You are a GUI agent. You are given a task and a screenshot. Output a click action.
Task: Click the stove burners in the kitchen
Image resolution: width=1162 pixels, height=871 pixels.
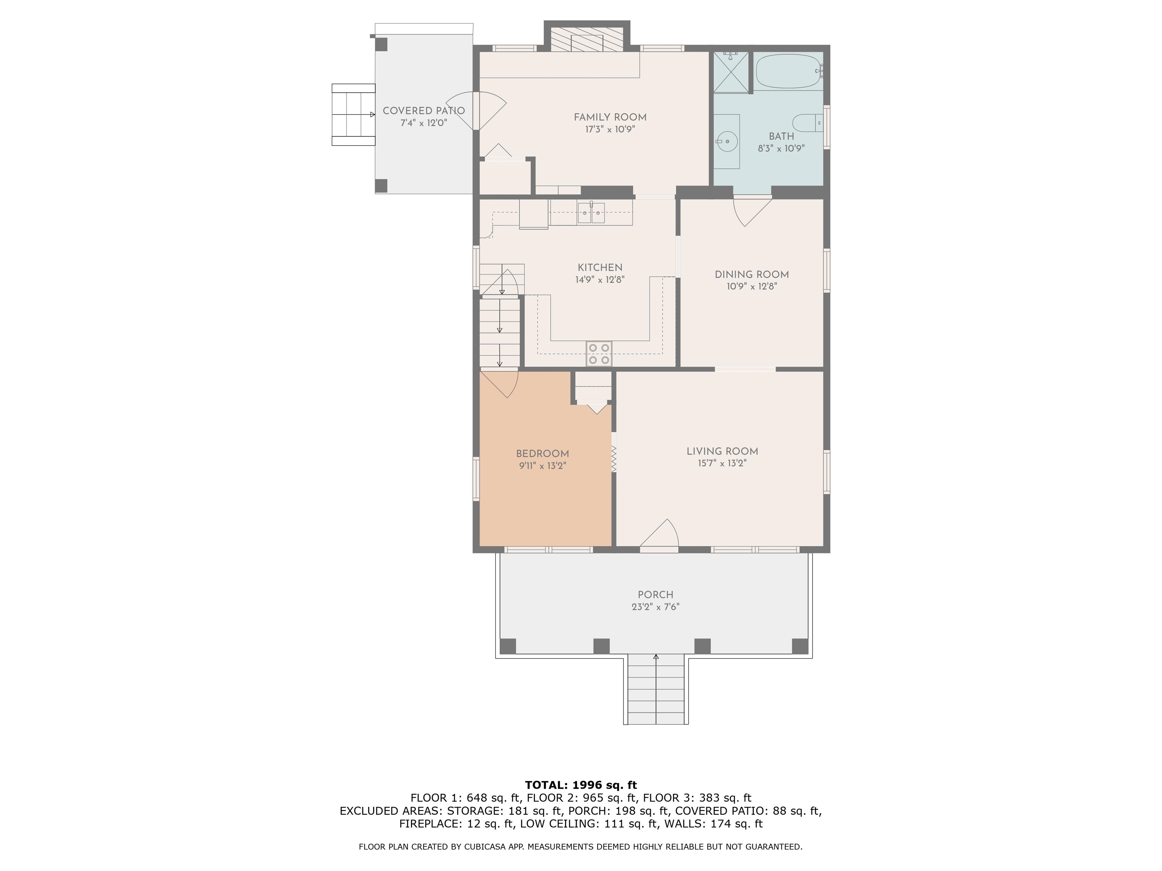point(599,353)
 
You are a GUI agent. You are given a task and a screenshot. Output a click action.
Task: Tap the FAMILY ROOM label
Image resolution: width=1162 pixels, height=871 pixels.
point(610,117)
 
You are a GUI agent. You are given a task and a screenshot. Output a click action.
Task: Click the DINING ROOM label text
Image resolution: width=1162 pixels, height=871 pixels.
point(752,274)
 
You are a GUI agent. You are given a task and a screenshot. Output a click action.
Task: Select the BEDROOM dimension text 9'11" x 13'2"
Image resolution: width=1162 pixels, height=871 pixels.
point(543,466)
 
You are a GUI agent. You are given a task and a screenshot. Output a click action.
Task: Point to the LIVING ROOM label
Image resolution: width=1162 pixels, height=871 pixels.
point(722,451)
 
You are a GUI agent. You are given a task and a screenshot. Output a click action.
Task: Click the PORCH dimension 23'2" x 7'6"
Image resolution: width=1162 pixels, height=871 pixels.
point(656,606)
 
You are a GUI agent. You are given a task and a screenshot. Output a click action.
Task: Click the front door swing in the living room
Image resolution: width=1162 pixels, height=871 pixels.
point(659,533)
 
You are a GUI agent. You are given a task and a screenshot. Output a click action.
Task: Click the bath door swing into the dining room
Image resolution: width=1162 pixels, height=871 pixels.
point(753,212)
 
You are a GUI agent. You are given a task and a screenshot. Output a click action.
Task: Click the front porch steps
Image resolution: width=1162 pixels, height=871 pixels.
point(656,689)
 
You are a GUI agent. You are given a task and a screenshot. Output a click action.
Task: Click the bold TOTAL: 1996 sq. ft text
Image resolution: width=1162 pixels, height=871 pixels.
point(581,785)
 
